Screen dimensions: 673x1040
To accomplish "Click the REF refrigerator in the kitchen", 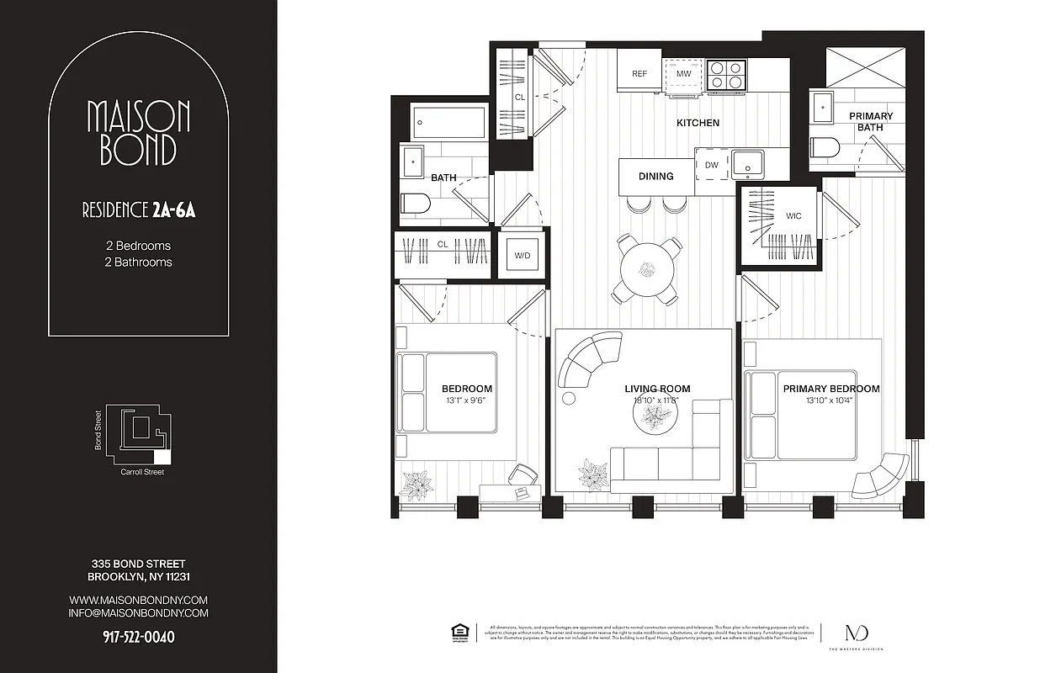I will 639,74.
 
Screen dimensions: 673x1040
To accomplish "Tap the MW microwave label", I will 683,74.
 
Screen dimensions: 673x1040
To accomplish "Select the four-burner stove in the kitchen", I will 726,74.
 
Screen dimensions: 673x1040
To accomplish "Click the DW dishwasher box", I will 712,165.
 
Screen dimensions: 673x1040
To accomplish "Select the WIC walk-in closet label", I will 793,216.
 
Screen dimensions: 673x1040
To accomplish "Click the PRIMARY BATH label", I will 871,122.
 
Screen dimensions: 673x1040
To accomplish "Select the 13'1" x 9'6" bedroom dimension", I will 467,401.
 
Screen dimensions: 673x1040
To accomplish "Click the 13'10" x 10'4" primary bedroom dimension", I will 830,401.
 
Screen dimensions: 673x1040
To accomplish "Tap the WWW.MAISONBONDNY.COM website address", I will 138,600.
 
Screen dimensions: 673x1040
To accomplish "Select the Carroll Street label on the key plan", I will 142,473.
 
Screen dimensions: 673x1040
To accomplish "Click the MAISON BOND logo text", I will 138,133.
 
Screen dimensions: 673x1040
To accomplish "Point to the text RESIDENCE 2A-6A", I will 138,210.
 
